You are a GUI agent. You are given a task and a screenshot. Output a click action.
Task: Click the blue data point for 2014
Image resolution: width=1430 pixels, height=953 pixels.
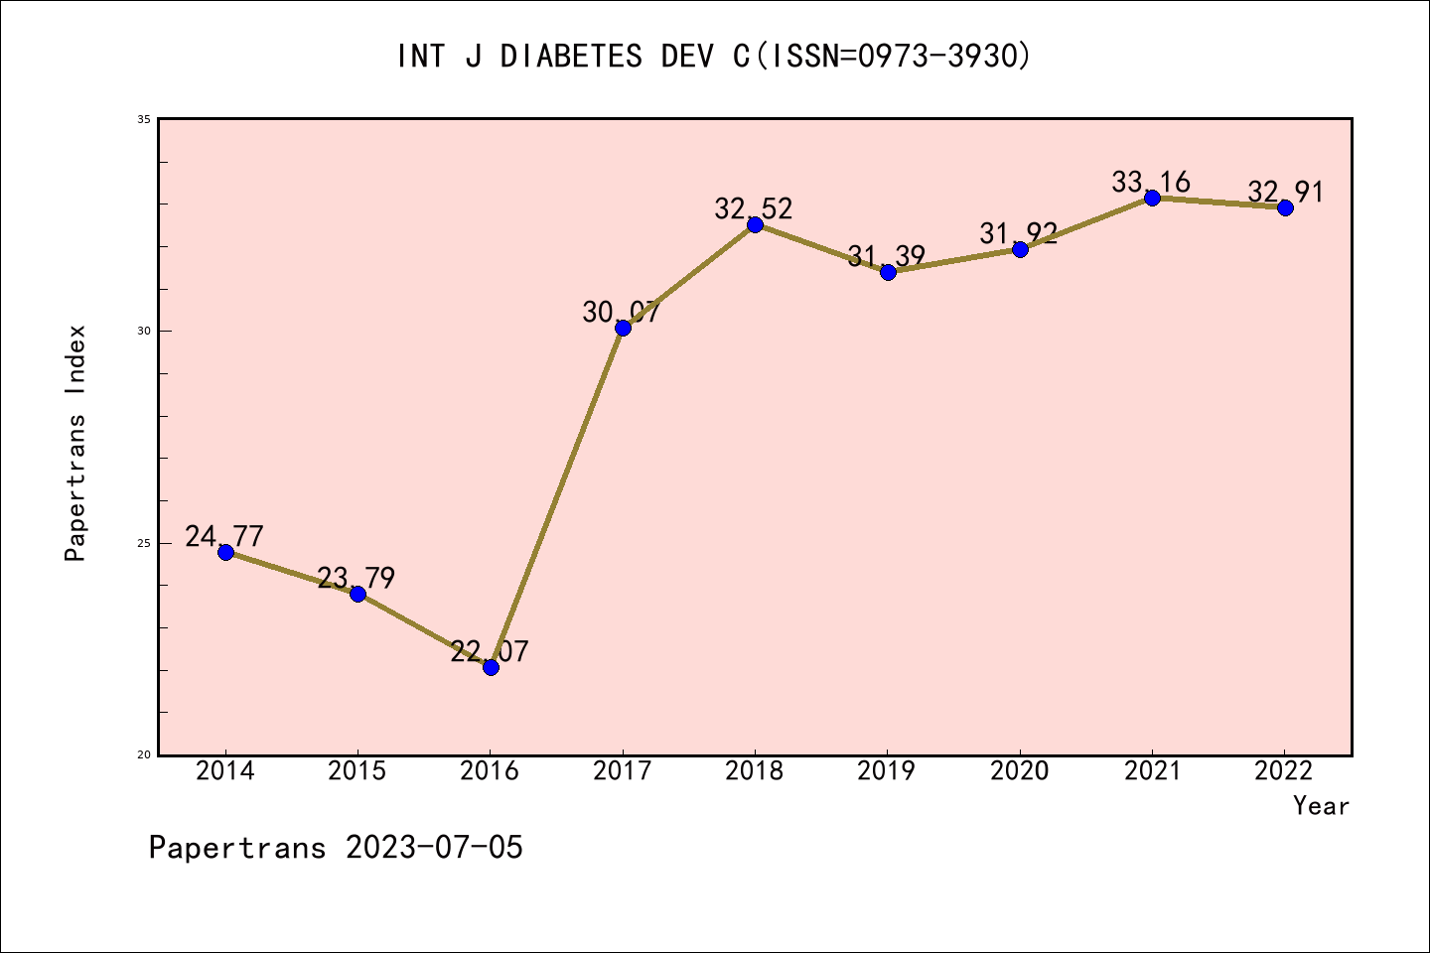tap(225, 552)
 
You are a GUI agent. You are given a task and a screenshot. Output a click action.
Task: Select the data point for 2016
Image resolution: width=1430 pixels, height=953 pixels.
tap(491, 667)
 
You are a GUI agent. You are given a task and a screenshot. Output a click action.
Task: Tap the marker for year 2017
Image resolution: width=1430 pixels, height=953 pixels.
tap(623, 328)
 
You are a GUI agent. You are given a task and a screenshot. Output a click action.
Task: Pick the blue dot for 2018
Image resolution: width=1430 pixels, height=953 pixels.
tap(755, 224)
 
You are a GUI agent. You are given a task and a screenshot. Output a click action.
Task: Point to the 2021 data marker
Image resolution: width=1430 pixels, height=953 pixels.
tap(1152, 198)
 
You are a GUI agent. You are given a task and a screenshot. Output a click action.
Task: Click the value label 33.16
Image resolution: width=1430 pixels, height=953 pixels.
tap(1151, 183)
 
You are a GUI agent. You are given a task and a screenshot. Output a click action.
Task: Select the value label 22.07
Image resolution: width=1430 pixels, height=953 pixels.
tap(490, 652)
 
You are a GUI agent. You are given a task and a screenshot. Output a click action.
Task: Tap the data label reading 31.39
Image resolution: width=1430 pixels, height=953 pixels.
tap(887, 257)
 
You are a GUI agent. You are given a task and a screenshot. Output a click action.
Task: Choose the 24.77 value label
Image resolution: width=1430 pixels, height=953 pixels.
tap(224, 537)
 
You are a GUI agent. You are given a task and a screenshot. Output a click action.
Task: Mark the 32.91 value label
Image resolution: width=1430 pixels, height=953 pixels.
tap(1285, 193)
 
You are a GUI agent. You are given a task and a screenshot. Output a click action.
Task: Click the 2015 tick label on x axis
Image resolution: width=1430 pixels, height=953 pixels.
tap(357, 771)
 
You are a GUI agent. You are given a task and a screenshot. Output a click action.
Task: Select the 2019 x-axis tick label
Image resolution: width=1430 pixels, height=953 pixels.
tap(887, 771)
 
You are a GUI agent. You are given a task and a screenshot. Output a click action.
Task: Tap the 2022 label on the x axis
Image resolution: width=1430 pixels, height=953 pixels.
tap(1284, 771)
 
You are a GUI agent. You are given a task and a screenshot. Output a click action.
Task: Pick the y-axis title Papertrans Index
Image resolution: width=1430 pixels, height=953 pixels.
tap(76, 443)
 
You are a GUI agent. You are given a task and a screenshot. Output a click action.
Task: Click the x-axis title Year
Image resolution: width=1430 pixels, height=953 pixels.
tap(1321, 806)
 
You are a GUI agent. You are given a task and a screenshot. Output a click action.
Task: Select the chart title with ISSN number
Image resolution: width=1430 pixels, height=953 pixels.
tap(714, 57)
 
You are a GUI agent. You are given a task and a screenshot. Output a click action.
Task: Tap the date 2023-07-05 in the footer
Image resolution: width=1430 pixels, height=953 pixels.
tap(434, 848)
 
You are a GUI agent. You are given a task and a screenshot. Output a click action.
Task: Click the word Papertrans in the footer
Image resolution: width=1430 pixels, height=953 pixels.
tap(237, 848)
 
